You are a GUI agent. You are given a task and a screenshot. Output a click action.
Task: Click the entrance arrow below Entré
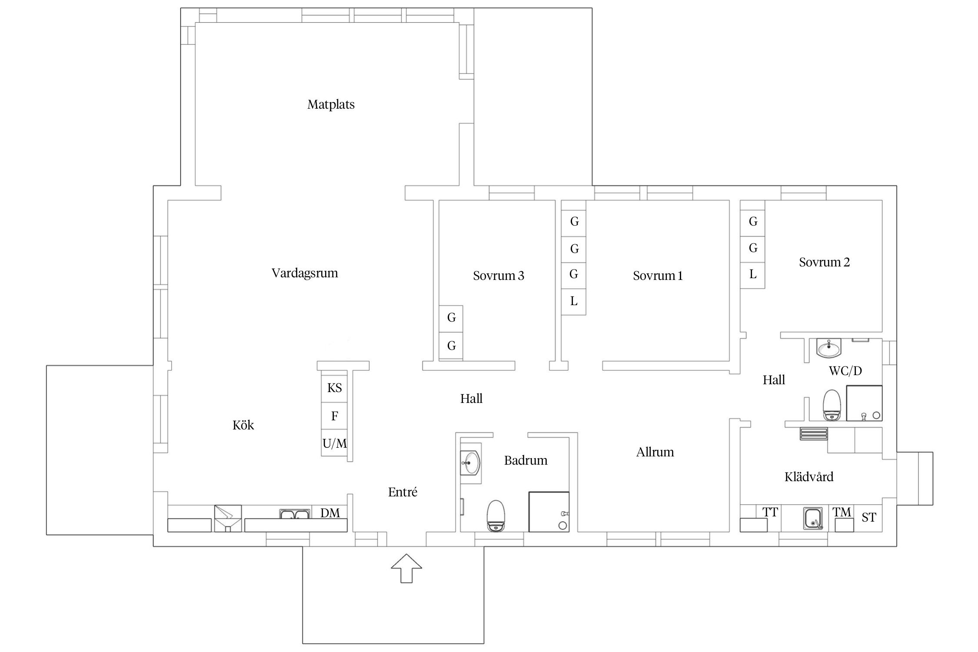(x=406, y=568)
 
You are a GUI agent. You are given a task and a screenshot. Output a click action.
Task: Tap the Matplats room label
(x=331, y=105)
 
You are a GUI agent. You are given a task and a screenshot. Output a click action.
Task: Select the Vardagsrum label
(x=305, y=273)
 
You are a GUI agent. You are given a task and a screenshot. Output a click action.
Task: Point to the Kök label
(x=243, y=425)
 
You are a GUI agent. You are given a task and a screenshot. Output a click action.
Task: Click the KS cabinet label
(x=334, y=388)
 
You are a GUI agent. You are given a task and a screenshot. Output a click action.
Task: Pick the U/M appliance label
(x=335, y=443)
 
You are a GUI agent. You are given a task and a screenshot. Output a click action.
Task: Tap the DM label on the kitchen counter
(x=330, y=513)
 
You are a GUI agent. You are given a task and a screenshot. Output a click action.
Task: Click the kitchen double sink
(x=295, y=514)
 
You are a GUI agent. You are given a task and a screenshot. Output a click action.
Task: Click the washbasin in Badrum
(x=471, y=463)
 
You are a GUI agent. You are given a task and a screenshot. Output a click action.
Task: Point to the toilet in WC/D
(x=832, y=405)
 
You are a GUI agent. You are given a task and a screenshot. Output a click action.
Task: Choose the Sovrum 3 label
(x=499, y=276)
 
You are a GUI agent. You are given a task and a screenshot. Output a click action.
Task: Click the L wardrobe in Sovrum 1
(x=574, y=301)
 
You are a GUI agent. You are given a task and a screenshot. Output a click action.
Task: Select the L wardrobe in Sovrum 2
(x=753, y=275)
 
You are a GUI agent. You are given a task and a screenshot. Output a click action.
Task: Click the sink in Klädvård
(x=813, y=519)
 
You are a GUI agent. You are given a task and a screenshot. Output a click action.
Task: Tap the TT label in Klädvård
(x=770, y=512)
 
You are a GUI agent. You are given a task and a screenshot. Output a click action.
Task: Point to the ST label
(x=868, y=517)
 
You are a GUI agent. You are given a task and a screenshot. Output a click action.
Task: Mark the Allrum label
(x=655, y=452)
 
